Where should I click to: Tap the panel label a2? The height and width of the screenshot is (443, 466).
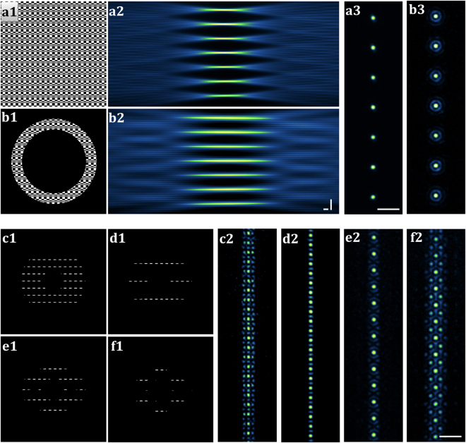(117, 11)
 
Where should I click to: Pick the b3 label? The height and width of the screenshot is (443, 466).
(417, 11)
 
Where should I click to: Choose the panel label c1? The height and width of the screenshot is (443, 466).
(11, 239)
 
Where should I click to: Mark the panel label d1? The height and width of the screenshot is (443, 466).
(117, 239)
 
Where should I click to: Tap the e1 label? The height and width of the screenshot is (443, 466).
(11, 346)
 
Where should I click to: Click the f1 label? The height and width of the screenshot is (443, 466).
(117, 346)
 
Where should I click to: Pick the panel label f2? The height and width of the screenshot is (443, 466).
(417, 239)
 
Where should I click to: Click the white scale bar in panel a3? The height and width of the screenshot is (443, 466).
(388, 209)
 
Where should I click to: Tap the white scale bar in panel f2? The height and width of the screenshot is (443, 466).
(449, 436)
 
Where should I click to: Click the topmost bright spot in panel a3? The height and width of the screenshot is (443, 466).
(374, 18)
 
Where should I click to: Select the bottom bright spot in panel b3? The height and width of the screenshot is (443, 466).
(436, 195)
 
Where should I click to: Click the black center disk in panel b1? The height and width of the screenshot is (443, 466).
(54, 161)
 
